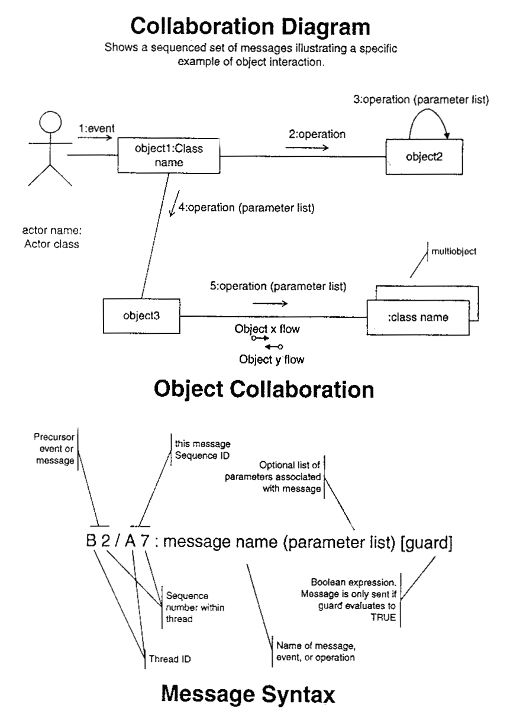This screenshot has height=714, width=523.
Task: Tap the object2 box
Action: click(x=424, y=157)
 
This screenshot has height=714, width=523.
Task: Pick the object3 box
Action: click(x=142, y=316)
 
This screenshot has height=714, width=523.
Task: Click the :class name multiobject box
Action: click(x=418, y=318)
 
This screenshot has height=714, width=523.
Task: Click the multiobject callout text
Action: click(x=454, y=252)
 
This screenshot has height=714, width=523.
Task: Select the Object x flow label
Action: click(x=267, y=329)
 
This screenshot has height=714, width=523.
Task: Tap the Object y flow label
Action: click(x=267, y=358)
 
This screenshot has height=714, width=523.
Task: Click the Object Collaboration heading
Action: click(x=263, y=389)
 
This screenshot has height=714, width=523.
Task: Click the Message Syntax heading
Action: click(x=261, y=693)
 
